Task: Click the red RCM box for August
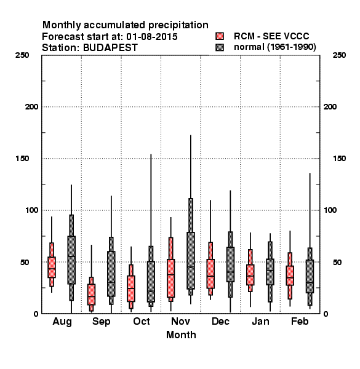(52, 267)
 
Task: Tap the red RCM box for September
(91, 295)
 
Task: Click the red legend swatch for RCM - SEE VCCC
(220, 36)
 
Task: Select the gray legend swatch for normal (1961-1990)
(220, 47)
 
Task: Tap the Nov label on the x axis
(180, 321)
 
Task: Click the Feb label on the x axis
(300, 321)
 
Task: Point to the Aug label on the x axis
(62, 322)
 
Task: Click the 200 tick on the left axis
(31, 107)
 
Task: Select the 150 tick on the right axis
(339, 159)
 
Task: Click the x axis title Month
(181, 335)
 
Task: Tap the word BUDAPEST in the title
(110, 48)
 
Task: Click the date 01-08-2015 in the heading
(152, 37)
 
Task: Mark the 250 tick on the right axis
(339, 55)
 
